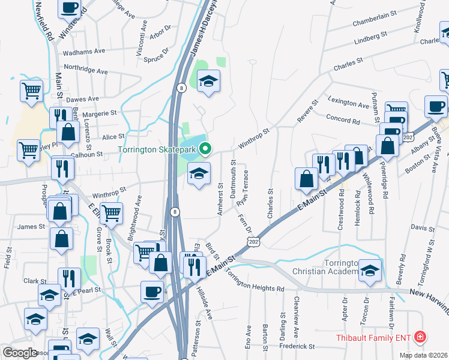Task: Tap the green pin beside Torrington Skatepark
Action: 205,148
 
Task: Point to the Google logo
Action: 20,353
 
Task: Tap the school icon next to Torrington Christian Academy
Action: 370,271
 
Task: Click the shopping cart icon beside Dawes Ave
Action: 31,91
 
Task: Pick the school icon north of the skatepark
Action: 208,81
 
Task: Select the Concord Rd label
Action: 343,120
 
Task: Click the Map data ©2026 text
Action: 423,355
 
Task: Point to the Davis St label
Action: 423,229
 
